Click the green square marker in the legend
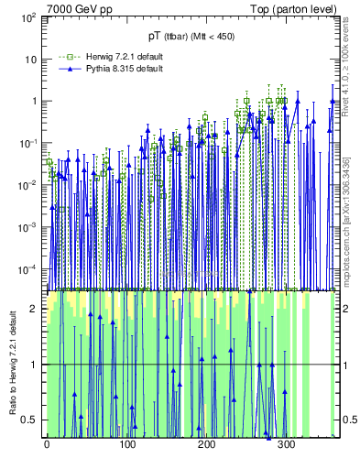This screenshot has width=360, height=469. (x=61, y=57)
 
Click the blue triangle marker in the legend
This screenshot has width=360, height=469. (x=61, y=69)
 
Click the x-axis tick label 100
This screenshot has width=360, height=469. (x=126, y=446)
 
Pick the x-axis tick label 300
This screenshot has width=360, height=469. (x=286, y=446)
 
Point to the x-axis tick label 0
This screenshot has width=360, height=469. (x=47, y=446)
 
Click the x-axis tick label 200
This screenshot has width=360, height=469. (x=206, y=446)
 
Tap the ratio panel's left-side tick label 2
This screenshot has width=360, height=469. (x=36, y=309)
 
